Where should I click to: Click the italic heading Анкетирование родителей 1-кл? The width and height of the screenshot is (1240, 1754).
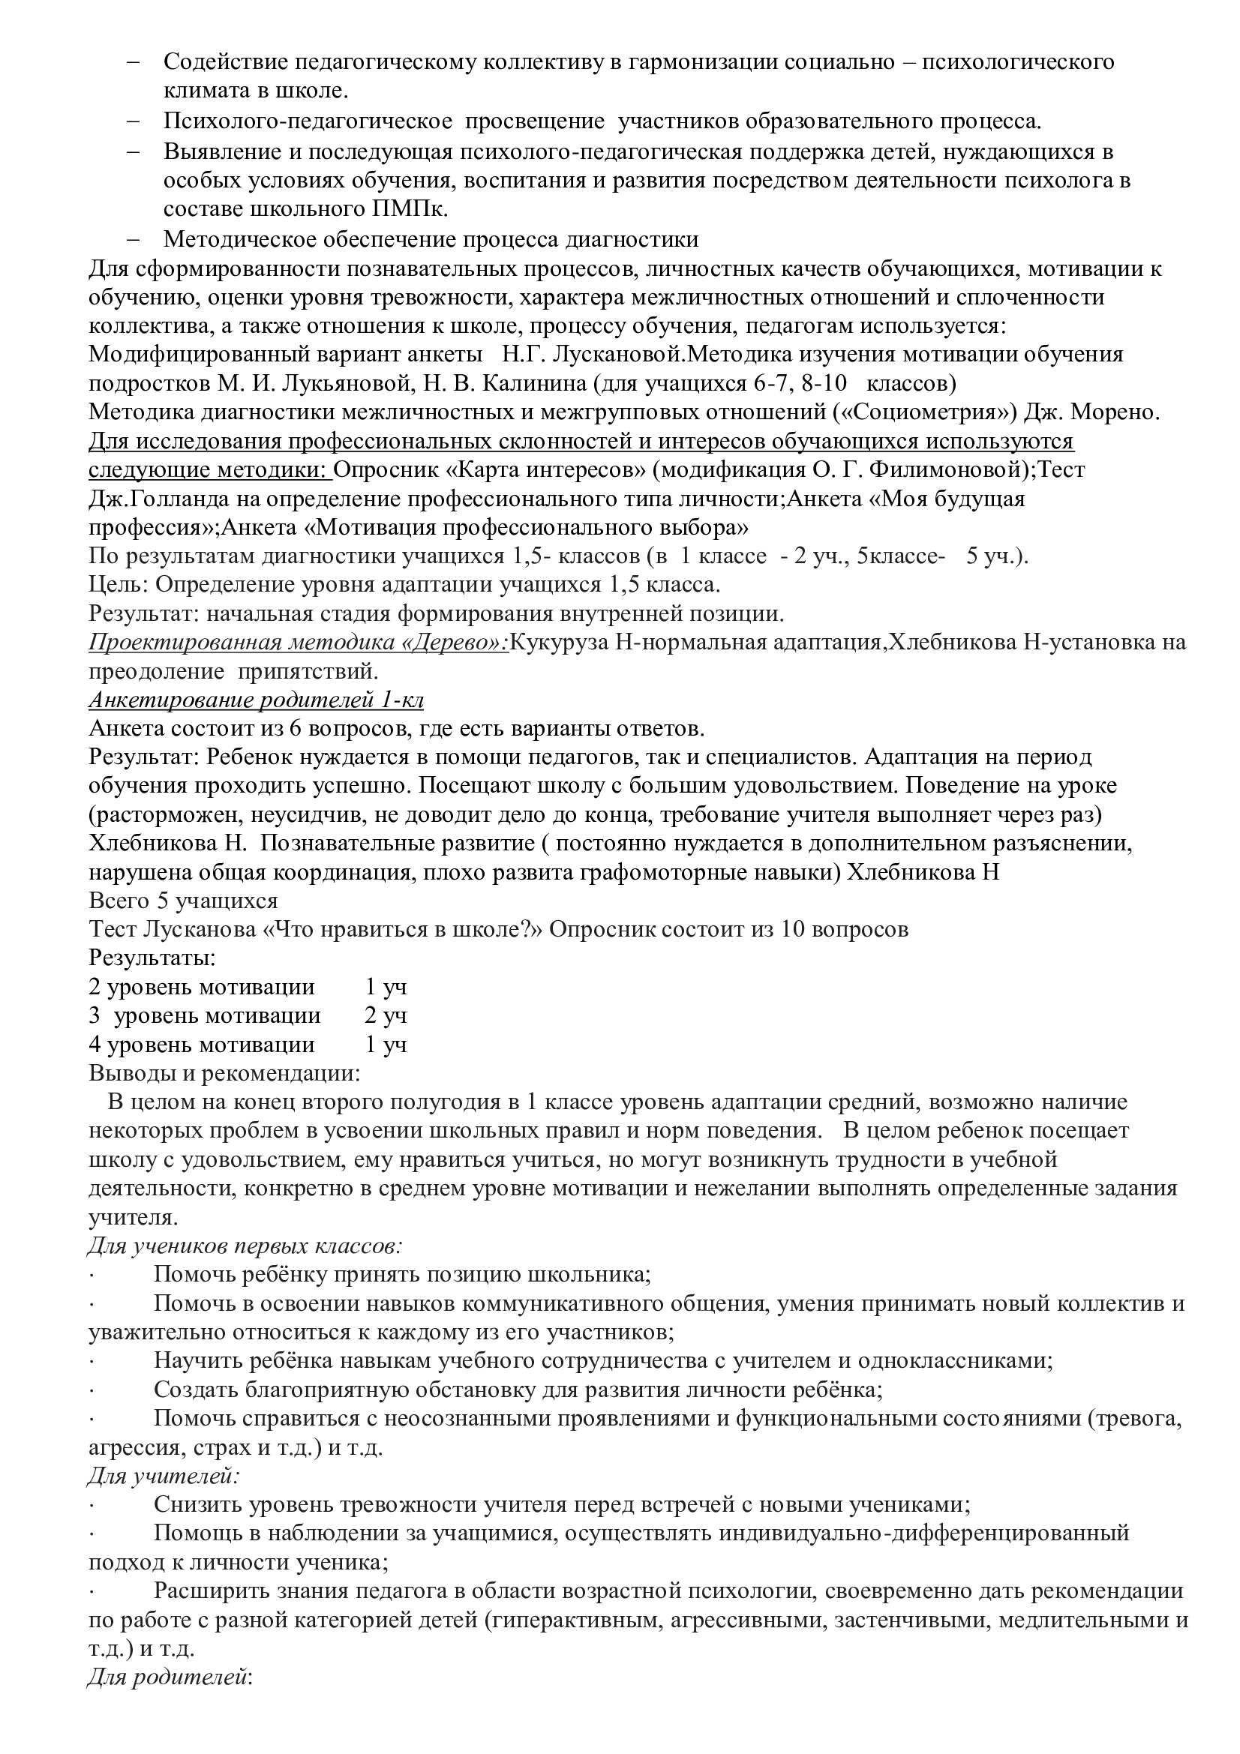point(257,700)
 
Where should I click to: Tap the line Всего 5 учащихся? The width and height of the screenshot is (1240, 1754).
point(183,901)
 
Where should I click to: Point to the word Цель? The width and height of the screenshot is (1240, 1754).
point(120,584)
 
